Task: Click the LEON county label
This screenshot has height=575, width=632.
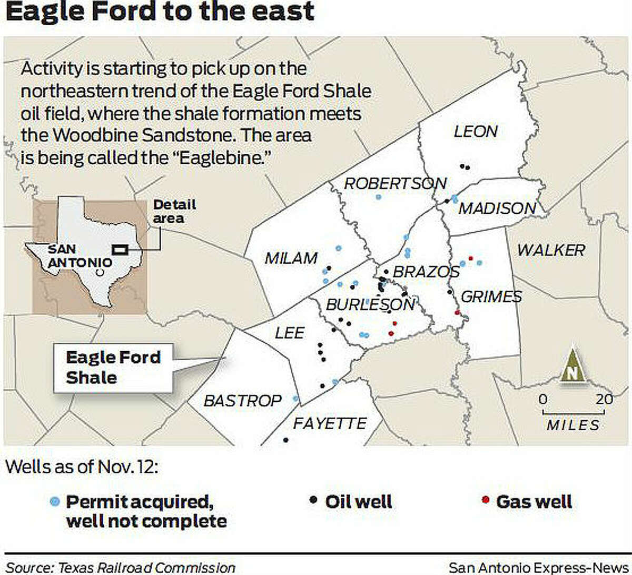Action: (x=476, y=131)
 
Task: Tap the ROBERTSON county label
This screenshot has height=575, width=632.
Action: (x=395, y=183)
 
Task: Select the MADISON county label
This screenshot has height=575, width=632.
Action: (x=497, y=209)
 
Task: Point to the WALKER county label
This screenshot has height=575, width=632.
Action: (x=551, y=250)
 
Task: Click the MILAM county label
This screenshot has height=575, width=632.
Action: (x=291, y=258)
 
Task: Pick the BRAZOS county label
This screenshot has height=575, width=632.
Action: (x=426, y=272)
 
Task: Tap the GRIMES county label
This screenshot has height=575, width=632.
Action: (x=491, y=297)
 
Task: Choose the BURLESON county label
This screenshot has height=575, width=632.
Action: (x=370, y=305)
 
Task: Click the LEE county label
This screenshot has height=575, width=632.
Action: (x=290, y=333)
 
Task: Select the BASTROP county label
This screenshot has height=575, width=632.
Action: (x=243, y=401)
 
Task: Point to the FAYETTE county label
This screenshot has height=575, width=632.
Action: (x=330, y=423)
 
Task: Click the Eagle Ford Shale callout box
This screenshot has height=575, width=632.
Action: (x=113, y=368)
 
